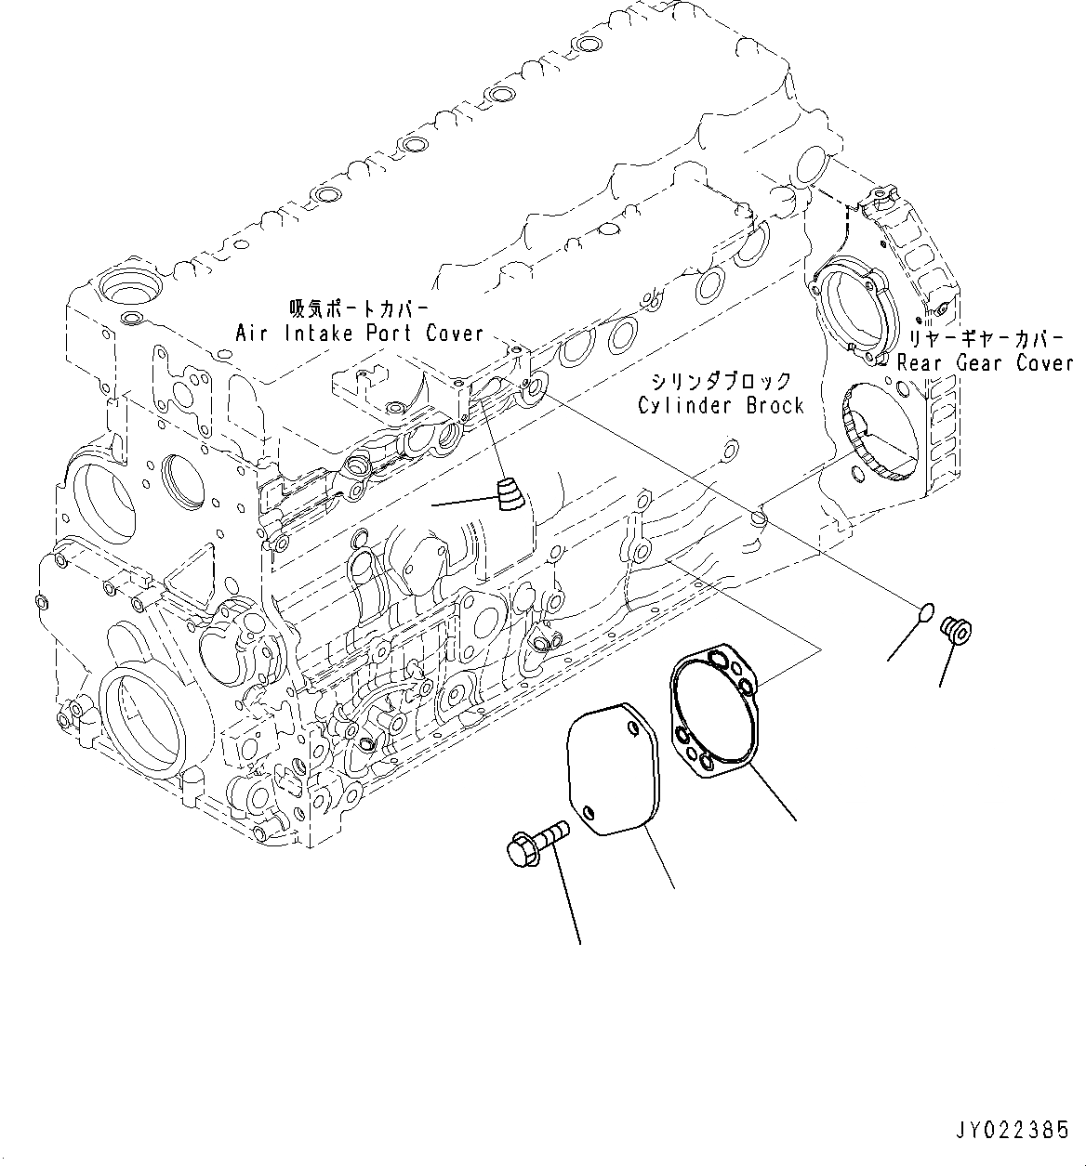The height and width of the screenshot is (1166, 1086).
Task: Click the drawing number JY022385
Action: coord(1011,1132)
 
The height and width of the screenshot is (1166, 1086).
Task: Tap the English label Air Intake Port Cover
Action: coord(359,333)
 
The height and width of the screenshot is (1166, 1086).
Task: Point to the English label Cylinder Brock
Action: coord(720,405)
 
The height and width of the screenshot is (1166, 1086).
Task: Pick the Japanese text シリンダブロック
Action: coord(721,381)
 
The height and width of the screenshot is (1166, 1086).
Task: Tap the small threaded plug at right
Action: coord(956,631)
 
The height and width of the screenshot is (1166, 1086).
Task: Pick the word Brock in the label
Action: coord(774,405)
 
